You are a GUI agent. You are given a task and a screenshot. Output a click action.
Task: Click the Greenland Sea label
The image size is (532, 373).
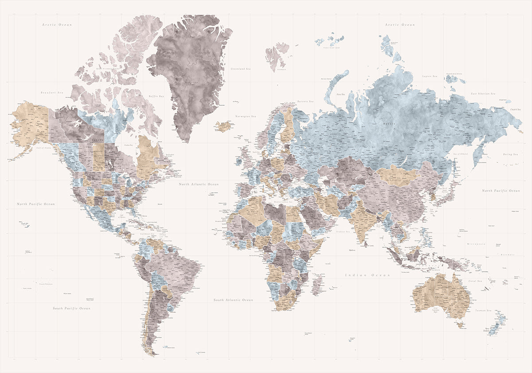point(241,69)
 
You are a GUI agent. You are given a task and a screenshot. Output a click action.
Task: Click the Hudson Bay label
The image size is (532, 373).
point(129,145)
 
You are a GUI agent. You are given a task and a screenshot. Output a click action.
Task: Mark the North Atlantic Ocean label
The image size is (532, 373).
point(199,184)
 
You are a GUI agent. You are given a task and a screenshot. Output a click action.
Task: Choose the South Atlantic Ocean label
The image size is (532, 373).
point(233,300)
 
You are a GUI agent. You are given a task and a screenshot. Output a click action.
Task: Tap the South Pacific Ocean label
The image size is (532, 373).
point(71,308)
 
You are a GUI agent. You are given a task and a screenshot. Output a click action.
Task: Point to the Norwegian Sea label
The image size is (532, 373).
point(246,116)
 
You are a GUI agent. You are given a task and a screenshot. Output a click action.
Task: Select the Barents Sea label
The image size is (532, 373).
point(306,101)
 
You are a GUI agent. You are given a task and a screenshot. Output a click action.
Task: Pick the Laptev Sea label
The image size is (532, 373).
point(430,76)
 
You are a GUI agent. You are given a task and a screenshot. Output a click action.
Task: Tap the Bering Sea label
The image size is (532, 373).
point(509,154)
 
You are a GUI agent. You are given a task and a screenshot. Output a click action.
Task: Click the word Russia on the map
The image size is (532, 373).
point(389,124)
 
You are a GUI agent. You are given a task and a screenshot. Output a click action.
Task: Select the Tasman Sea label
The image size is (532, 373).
point(483,310)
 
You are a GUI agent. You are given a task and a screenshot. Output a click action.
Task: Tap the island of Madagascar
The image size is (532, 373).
point(317,284)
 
